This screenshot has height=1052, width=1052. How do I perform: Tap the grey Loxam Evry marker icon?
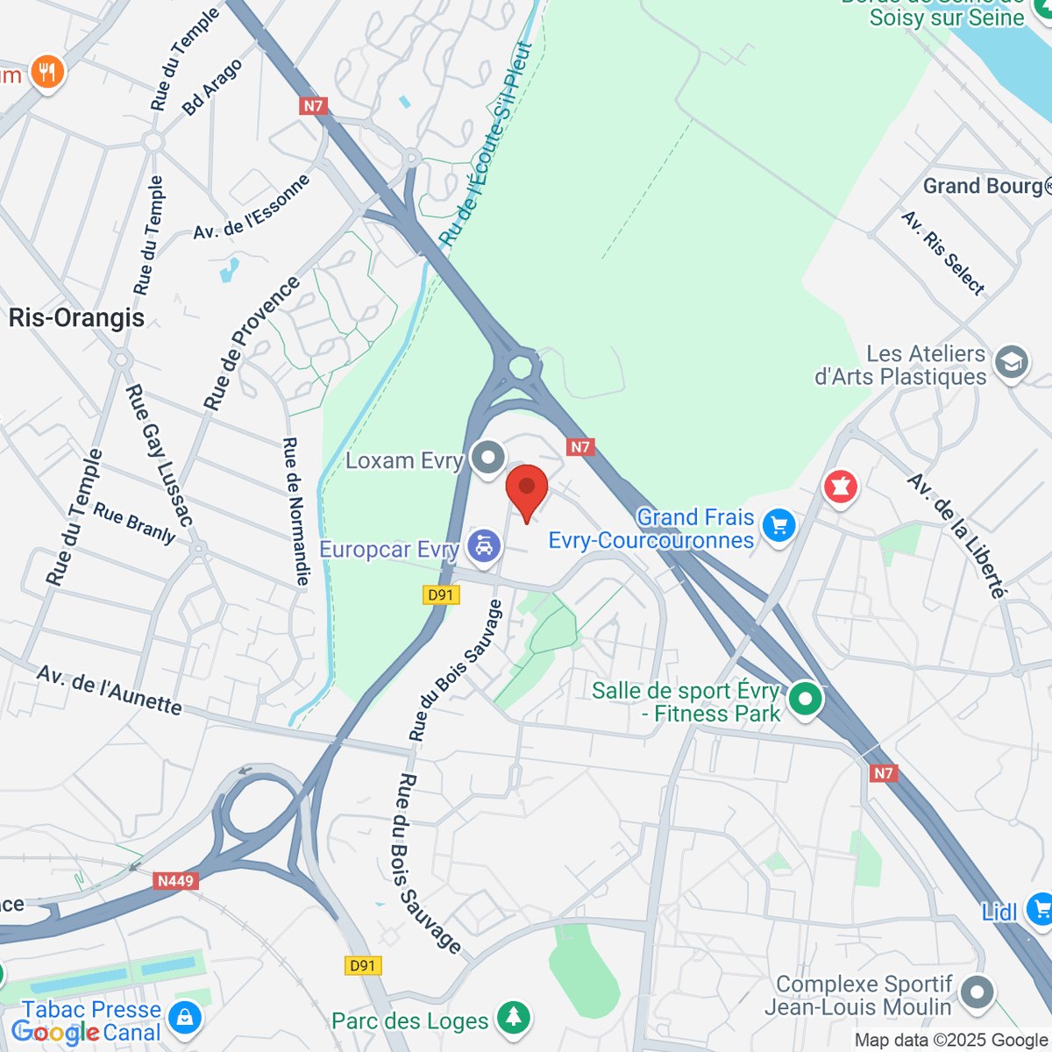click(487, 458)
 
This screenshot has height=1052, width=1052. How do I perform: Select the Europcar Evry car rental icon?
click(483, 548)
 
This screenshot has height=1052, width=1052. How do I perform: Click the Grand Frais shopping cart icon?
click(778, 526)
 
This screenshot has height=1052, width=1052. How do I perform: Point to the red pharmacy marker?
click(841, 487)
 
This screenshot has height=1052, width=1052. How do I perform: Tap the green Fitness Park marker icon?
click(805, 700)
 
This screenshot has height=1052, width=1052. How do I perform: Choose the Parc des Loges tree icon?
click(513, 1017)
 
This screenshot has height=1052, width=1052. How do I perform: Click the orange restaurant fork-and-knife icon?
click(46, 73)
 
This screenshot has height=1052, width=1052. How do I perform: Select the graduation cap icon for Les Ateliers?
click(1012, 363)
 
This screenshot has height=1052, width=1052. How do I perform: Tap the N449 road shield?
click(175, 880)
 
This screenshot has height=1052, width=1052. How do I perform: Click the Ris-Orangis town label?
click(76, 317)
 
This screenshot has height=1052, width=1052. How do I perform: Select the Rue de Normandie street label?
click(295, 511)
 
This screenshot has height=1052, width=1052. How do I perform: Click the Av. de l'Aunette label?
click(110, 690)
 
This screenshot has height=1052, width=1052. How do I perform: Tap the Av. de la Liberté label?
click(956, 536)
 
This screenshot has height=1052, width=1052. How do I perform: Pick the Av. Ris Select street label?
click(943, 252)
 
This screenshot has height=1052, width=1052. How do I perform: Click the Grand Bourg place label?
click(982, 186)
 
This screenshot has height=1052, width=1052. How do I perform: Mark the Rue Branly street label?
click(135, 522)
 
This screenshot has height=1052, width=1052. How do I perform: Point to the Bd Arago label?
click(211, 88)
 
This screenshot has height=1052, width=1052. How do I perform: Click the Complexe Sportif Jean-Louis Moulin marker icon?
click(977, 994)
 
